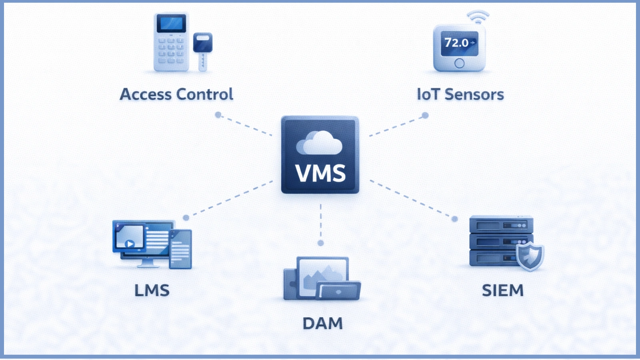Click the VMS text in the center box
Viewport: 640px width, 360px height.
click(320, 173)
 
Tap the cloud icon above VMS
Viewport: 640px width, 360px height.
click(319, 143)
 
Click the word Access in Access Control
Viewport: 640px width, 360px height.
click(146, 94)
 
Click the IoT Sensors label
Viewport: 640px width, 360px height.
click(460, 94)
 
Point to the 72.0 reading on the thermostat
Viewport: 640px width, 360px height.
click(456, 42)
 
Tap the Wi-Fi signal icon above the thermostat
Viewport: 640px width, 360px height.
click(478, 17)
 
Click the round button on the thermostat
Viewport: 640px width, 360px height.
click(459, 63)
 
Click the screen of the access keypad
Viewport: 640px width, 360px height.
click(171, 23)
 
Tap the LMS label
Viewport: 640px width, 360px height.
click(152, 290)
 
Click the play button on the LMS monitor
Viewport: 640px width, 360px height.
click(130, 243)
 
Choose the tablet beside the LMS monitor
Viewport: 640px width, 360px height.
click(180, 249)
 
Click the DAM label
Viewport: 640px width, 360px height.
click(322, 323)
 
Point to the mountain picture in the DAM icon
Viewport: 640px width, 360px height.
click(320, 276)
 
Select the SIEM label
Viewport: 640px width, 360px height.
click(502, 290)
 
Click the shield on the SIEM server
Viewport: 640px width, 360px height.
click(529, 256)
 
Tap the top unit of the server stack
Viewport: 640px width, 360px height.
click(501, 225)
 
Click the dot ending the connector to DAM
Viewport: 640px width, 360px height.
click(320, 243)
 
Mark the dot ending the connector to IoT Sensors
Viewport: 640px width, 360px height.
click(425, 115)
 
